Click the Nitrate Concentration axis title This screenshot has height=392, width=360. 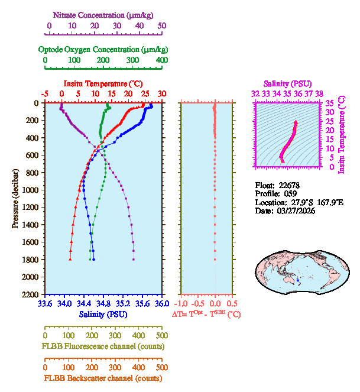[104, 14]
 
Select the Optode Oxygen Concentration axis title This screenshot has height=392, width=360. [103, 49]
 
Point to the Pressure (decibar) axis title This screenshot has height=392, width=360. [15, 199]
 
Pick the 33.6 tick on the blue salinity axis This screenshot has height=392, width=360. [45, 305]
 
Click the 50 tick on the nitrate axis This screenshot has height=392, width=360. [162, 26]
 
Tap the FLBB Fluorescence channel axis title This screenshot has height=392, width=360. [103, 346]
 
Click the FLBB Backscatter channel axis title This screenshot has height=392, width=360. [103, 378]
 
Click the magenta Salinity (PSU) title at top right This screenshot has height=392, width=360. [287, 83]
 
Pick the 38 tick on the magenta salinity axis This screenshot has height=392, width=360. [319, 93]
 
